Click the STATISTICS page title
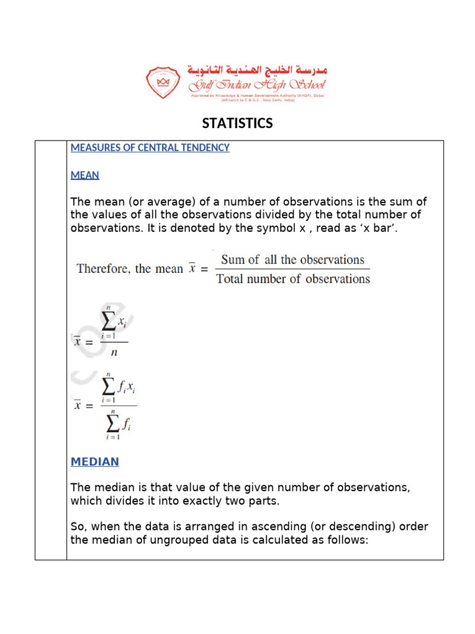click(x=237, y=123)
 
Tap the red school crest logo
click(x=164, y=82)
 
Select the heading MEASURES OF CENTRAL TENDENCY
click(x=150, y=148)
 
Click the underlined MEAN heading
click(x=85, y=175)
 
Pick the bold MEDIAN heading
click(x=95, y=462)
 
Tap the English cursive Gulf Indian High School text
click(x=257, y=85)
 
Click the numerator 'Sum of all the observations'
click(x=293, y=260)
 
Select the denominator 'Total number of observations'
click(x=293, y=279)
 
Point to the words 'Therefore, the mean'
click(x=129, y=269)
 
